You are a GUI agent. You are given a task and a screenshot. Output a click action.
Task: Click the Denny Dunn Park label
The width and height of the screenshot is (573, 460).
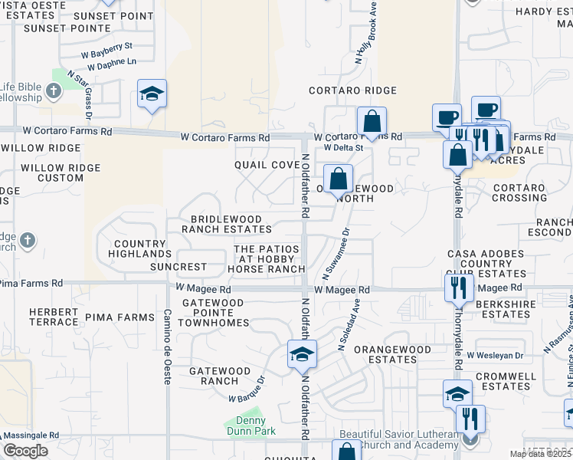coord(246,426)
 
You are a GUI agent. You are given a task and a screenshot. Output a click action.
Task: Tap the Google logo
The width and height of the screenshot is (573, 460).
coord(25,451)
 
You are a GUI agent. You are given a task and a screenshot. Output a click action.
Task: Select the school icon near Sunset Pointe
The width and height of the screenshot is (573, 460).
coord(152,94)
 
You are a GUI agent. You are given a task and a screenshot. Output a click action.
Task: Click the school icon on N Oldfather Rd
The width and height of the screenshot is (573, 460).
coord(302,356)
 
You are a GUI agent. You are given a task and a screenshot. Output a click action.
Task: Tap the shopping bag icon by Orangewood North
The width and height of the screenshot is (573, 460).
coord(338,179)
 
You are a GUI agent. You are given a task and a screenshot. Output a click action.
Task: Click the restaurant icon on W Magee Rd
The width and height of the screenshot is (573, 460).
coord(458,287)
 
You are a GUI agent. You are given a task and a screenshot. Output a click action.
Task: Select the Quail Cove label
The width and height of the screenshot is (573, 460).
coord(267,165)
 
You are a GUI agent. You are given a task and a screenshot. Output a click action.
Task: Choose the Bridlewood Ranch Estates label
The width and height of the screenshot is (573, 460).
coord(231,224)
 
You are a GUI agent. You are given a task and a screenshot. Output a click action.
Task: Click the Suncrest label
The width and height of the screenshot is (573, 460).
coord(178,267)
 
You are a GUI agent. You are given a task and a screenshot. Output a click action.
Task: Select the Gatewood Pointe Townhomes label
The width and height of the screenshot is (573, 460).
coord(214,313)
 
